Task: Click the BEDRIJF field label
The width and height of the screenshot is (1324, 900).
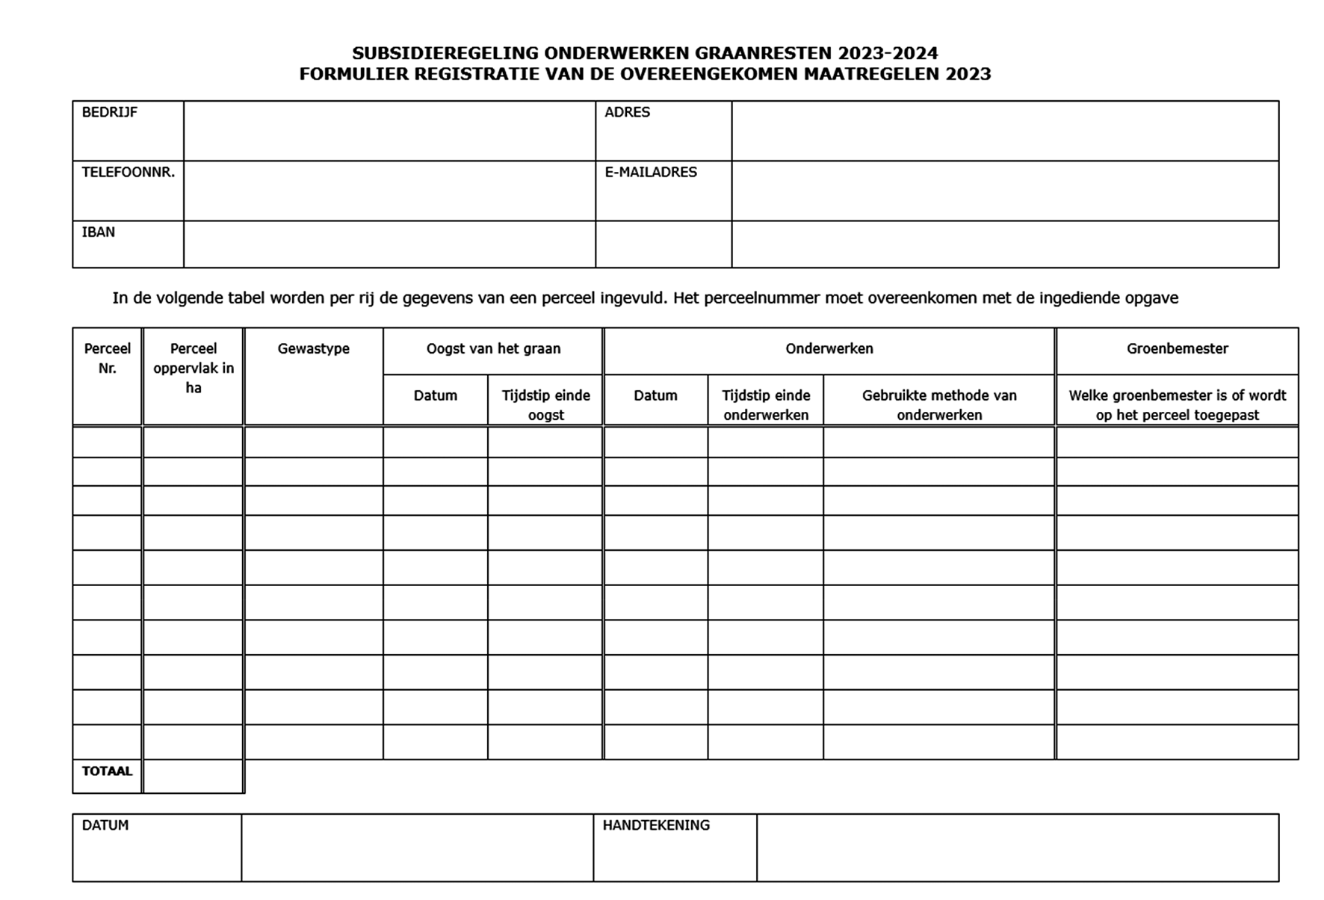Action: pos(109,112)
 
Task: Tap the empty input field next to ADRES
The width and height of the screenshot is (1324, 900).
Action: pos(1004,131)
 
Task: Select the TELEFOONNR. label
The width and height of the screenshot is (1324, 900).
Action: pos(128,172)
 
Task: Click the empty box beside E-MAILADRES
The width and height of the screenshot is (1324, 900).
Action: pos(1004,191)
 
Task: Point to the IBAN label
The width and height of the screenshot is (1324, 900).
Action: pos(98,232)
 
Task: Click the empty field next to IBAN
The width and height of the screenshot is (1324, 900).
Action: pos(389,244)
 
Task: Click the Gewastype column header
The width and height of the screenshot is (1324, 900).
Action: pos(313,348)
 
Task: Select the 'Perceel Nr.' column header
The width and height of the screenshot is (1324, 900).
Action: pos(107,358)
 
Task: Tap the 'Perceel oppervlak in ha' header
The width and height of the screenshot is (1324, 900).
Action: pos(193,368)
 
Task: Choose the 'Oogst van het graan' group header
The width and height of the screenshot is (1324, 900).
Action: pos(493,348)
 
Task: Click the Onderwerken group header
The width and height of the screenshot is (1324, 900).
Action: pos(829,348)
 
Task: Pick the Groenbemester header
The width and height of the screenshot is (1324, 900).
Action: pos(1177,348)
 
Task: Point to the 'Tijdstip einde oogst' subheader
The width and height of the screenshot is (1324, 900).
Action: pos(545,404)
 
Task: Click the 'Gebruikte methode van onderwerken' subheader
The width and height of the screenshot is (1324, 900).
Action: pos(939,404)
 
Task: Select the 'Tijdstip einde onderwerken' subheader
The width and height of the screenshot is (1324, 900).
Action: pos(766,404)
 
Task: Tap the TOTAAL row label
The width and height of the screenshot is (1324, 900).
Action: pos(107,771)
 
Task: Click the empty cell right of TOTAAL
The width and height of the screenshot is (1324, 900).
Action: pos(193,776)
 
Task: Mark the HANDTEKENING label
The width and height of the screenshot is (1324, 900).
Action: pos(656,825)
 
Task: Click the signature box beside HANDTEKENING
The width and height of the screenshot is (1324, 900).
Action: pos(1017,848)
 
